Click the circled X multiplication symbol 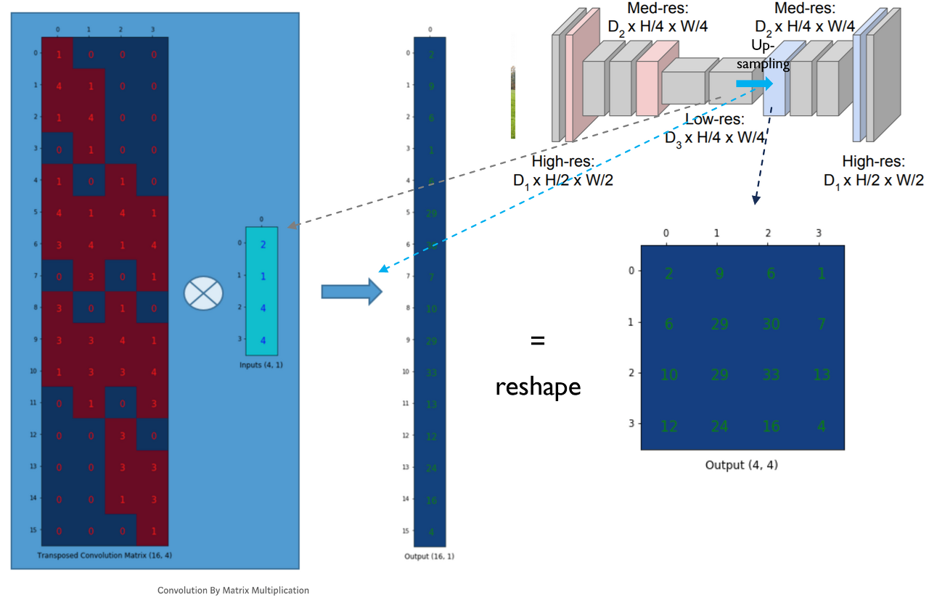[203, 292]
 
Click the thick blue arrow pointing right [351, 292]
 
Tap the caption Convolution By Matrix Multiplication [233, 590]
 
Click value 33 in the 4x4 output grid [771, 375]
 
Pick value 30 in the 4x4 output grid [771, 324]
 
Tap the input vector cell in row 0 [262, 244]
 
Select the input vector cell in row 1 [262, 276]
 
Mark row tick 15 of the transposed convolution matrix [33, 530]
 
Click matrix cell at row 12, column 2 [120, 435]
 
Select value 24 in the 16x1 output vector [431, 468]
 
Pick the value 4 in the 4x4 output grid [821, 426]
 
